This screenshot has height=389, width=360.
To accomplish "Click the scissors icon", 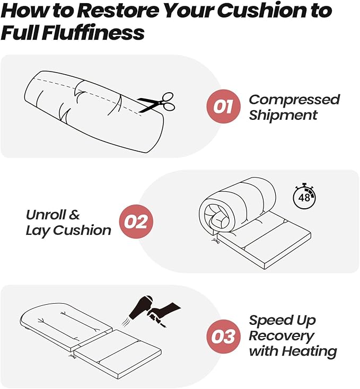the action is point(157,102).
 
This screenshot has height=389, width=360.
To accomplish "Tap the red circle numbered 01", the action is point(224,106).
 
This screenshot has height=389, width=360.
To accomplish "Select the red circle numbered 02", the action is point(136,222).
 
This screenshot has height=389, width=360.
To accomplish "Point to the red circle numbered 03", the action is point(224,337).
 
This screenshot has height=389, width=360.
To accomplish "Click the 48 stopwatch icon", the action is point(304,196).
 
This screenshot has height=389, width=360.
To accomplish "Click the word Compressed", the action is point(294,100).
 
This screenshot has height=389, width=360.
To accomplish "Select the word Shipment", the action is point(283,115).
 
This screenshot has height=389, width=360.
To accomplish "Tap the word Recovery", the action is point(282,337).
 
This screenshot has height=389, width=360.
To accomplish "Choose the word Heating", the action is point(309,352).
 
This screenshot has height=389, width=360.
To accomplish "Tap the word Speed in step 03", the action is point(269,321).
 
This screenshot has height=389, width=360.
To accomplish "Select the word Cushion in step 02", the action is point(82,230).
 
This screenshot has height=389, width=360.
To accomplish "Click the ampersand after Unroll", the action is point(74,215).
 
